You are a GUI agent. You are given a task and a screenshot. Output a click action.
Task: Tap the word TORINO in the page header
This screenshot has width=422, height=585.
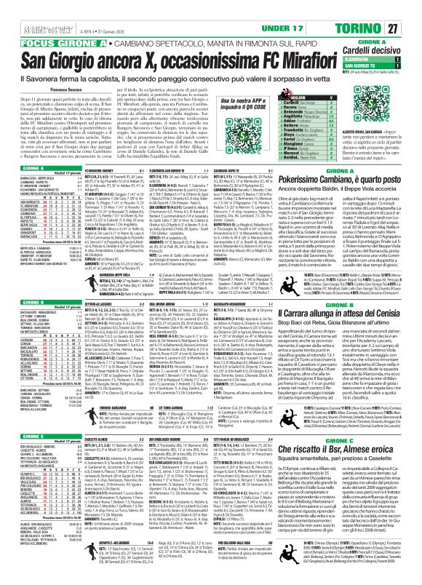tap(375, 8)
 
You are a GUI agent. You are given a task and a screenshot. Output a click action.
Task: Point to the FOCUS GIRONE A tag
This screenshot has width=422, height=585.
tap(52, 22)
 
